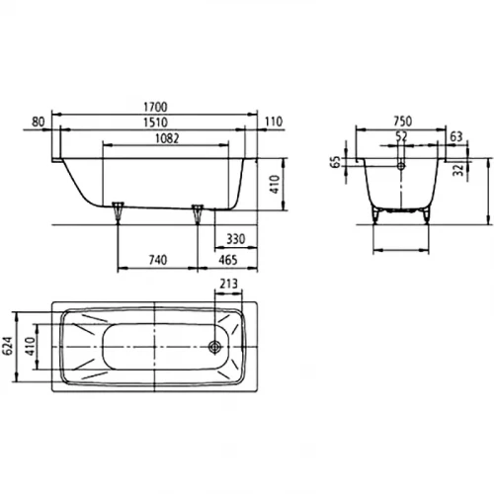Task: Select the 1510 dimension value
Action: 153,122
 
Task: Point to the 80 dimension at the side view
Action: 39,122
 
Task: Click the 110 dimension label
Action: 274,122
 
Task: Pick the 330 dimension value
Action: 236,240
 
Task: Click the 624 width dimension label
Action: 9,346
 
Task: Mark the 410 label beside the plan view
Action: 31,346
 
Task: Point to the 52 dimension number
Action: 401,136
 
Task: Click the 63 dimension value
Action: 455,136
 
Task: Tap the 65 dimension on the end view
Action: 336,161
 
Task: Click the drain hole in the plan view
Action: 213,347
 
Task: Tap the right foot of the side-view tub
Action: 198,208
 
